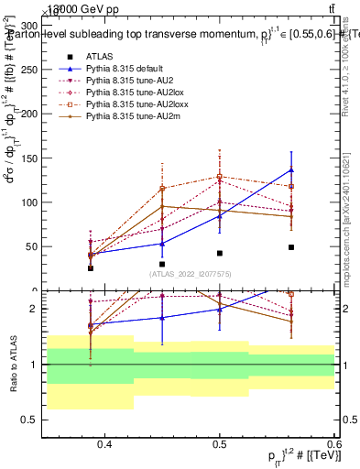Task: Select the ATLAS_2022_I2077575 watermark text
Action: pyautogui.click(x=191, y=273)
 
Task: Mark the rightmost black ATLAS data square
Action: pyautogui.click(x=291, y=247)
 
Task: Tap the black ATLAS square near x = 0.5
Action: pyautogui.click(x=220, y=253)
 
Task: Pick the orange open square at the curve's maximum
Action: pyautogui.click(x=220, y=176)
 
